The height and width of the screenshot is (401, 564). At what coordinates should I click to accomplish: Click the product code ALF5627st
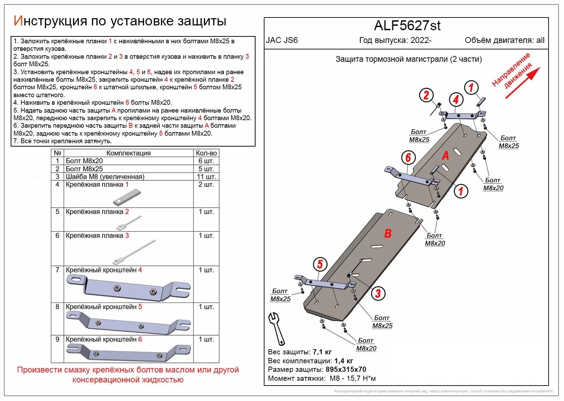coord(407,25)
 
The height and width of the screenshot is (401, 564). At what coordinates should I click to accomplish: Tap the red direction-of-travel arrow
coord(522,82)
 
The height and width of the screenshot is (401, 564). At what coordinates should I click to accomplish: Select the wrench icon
coord(277,328)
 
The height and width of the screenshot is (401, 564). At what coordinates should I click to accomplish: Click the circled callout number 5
coord(320,264)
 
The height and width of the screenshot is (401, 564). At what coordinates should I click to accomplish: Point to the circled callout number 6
coord(408,158)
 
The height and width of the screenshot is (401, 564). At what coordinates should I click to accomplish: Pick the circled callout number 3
coord(378,293)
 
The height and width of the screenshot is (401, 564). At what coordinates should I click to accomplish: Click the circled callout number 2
coord(426,95)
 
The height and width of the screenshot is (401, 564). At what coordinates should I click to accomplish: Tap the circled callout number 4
coord(456,100)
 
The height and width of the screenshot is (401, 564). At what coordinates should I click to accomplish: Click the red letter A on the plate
coord(445,156)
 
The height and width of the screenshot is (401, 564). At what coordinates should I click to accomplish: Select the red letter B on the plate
coord(388,233)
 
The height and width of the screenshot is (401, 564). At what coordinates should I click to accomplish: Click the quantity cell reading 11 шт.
coord(206,177)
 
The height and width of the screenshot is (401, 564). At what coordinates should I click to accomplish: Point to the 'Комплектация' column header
coord(128,153)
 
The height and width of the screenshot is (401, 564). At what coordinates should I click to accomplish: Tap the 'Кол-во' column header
coord(206,153)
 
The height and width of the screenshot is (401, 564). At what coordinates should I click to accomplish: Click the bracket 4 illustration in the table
coord(128,288)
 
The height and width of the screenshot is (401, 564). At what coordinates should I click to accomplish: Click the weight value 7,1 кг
coord(322,352)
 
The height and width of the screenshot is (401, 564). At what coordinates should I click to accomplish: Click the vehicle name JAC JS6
coord(282,40)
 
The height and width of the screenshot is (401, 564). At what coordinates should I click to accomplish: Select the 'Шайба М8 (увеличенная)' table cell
coord(105,177)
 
